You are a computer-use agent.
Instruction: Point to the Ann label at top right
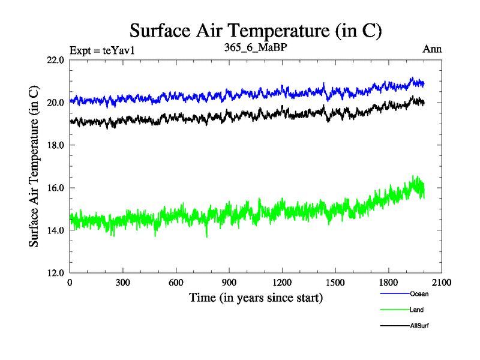[x=432, y=50]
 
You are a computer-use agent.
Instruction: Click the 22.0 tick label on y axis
[x=55, y=60]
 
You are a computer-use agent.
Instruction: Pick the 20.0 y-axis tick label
[x=55, y=103]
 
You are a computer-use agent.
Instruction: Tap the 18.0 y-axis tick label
[x=55, y=145]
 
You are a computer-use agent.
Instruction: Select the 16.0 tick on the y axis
[x=55, y=188]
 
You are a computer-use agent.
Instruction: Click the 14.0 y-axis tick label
[x=55, y=230]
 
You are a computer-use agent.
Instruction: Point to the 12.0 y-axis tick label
[x=55, y=273]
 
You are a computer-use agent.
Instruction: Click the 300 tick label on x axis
[x=123, y=283]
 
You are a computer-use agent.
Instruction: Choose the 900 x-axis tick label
[x=229, y=283]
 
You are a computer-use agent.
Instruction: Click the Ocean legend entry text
[x=419, y=294]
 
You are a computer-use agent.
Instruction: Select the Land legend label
[x=417, y=310]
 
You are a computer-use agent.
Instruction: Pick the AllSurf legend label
[x=420, y=326]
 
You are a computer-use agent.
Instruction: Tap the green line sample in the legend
[x=394, y=310]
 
